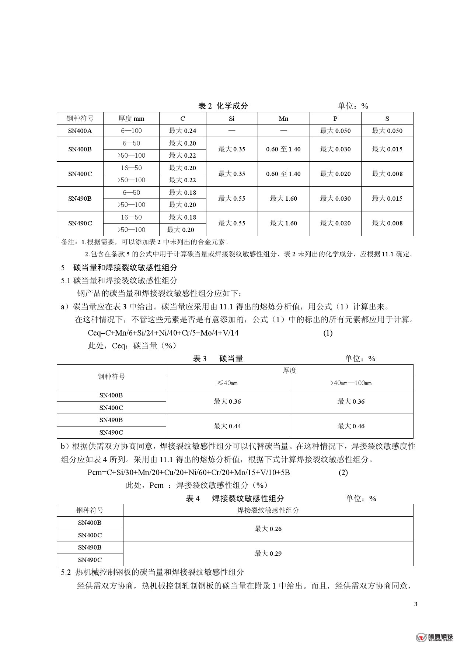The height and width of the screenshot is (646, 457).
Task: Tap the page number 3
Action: (x=416, y=604)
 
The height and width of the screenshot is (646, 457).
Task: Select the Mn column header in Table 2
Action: (x=283, y=119)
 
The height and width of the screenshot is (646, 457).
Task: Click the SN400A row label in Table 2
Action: (x=80, y=131)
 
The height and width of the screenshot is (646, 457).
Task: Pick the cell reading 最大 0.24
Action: (x=182, y=131)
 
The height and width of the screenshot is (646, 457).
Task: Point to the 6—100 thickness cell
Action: (x=131, y=131)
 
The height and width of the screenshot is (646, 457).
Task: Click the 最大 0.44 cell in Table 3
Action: (x=227, y=426)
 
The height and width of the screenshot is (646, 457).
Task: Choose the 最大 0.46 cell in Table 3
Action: (x=351, y=426)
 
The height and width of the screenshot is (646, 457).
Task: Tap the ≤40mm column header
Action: (x=227, y=383)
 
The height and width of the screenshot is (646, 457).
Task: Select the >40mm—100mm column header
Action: (x=351, y=383)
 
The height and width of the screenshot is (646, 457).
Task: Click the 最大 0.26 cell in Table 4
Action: (x=268, y=529)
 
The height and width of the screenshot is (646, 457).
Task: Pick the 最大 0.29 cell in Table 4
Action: (x=268, y=554)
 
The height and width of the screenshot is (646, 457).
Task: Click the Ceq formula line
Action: (x=163, y=333)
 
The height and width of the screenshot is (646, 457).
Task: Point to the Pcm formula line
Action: (x=189, y=473)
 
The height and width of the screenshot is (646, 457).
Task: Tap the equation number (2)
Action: (x=343, y=473)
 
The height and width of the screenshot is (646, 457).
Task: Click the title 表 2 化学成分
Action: (x=223, y=106)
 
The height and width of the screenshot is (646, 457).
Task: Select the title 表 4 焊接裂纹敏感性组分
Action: (x=235, y=499)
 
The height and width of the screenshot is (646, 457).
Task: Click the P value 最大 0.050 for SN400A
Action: (x=335, y=131)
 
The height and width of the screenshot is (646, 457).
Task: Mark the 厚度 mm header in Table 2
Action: (x=131, y=119)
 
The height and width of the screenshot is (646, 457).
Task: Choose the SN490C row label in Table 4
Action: (x=90, y=560)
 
